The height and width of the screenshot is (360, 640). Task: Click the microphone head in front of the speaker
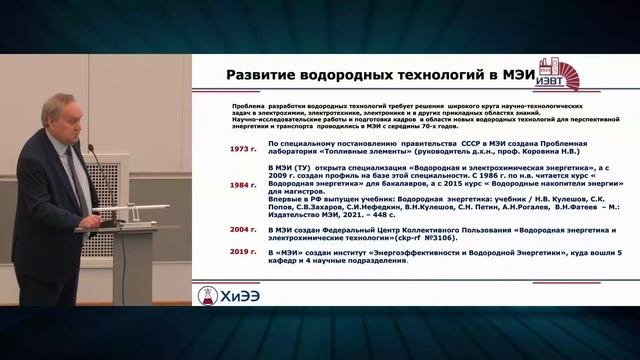90,151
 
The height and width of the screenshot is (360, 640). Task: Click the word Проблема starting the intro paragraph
246,104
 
